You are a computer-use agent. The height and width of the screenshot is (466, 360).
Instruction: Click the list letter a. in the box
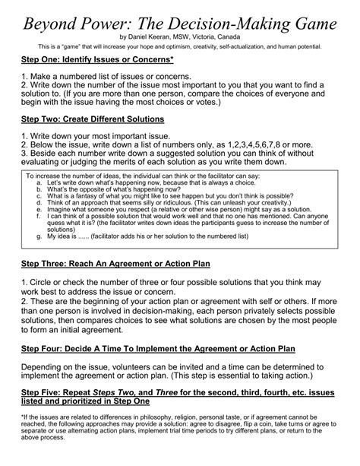point(39,183)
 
